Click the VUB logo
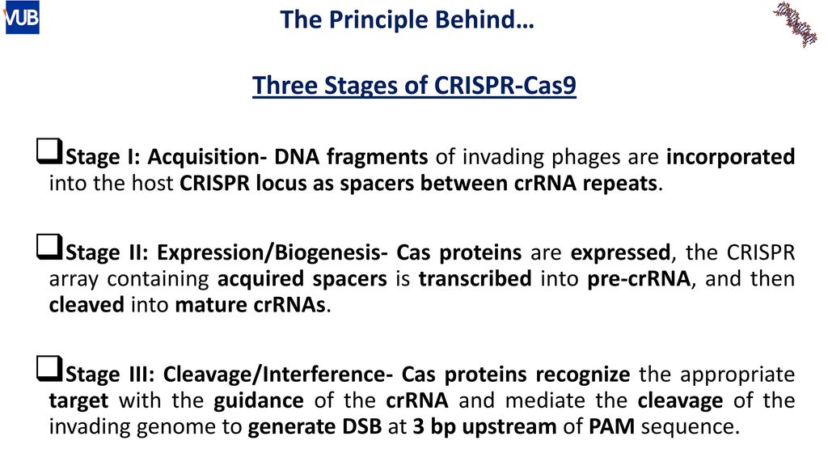coord(22,18)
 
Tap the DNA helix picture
coord(796,23)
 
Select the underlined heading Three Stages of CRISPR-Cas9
coord(414,85)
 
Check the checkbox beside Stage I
coord(49,150)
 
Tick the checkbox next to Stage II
coord(49,247)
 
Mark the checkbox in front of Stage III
coord(49,368)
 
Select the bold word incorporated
coord(730,157)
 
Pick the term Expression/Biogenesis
coord(272,252)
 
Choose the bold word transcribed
coord(475,278)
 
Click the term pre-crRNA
coord(639,279)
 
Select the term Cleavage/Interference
coord(278,374)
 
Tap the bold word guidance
coord(259,401)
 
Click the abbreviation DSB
coord(361,427)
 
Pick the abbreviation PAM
coord(611,427)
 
